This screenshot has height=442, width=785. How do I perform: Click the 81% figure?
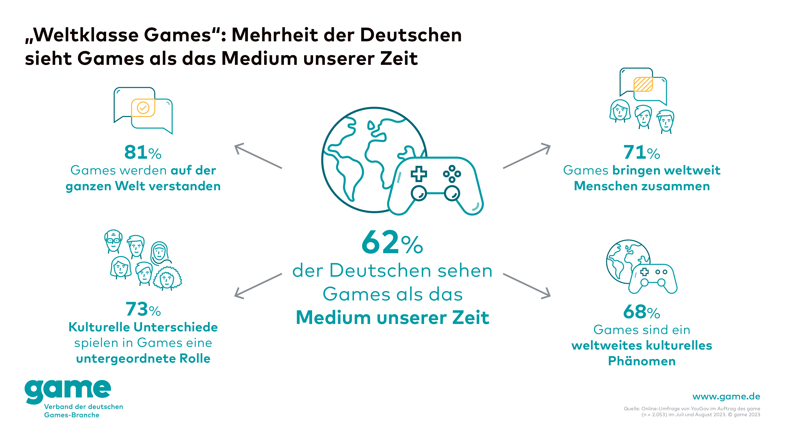click(143, 152)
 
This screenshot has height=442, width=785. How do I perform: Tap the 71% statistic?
click(642, 152)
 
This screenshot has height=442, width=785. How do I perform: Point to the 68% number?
click(642, 312)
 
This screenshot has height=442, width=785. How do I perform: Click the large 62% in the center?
click(392, 243)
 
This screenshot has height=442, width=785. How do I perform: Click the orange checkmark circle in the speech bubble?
click(143, 107)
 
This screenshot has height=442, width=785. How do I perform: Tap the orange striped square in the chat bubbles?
click(643, 84)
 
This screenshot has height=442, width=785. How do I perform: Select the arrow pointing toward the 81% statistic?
click(258, 156)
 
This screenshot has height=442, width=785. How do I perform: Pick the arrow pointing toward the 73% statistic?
click(258, 286)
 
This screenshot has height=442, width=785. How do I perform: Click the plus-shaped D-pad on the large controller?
click(419, 174)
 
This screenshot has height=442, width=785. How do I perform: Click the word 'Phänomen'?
click(642, 361)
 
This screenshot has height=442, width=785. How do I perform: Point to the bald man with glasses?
click(113, 241)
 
